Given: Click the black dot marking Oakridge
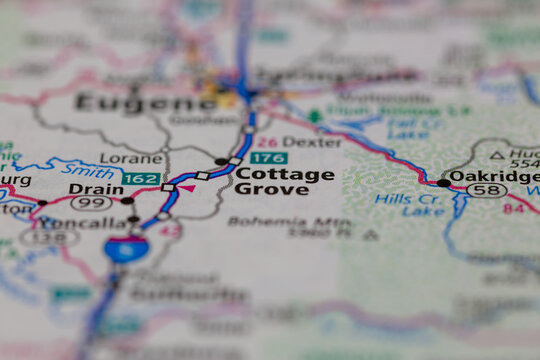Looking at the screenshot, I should (443, 183).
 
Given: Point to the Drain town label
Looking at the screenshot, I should (96, 188).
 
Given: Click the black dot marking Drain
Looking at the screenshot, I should (127, 201).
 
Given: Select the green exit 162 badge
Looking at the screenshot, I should (140, 178).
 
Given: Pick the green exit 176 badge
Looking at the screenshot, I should (268, 157).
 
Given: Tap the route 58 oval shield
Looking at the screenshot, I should (487, 190).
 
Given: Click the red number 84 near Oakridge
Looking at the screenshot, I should (513, 208).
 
